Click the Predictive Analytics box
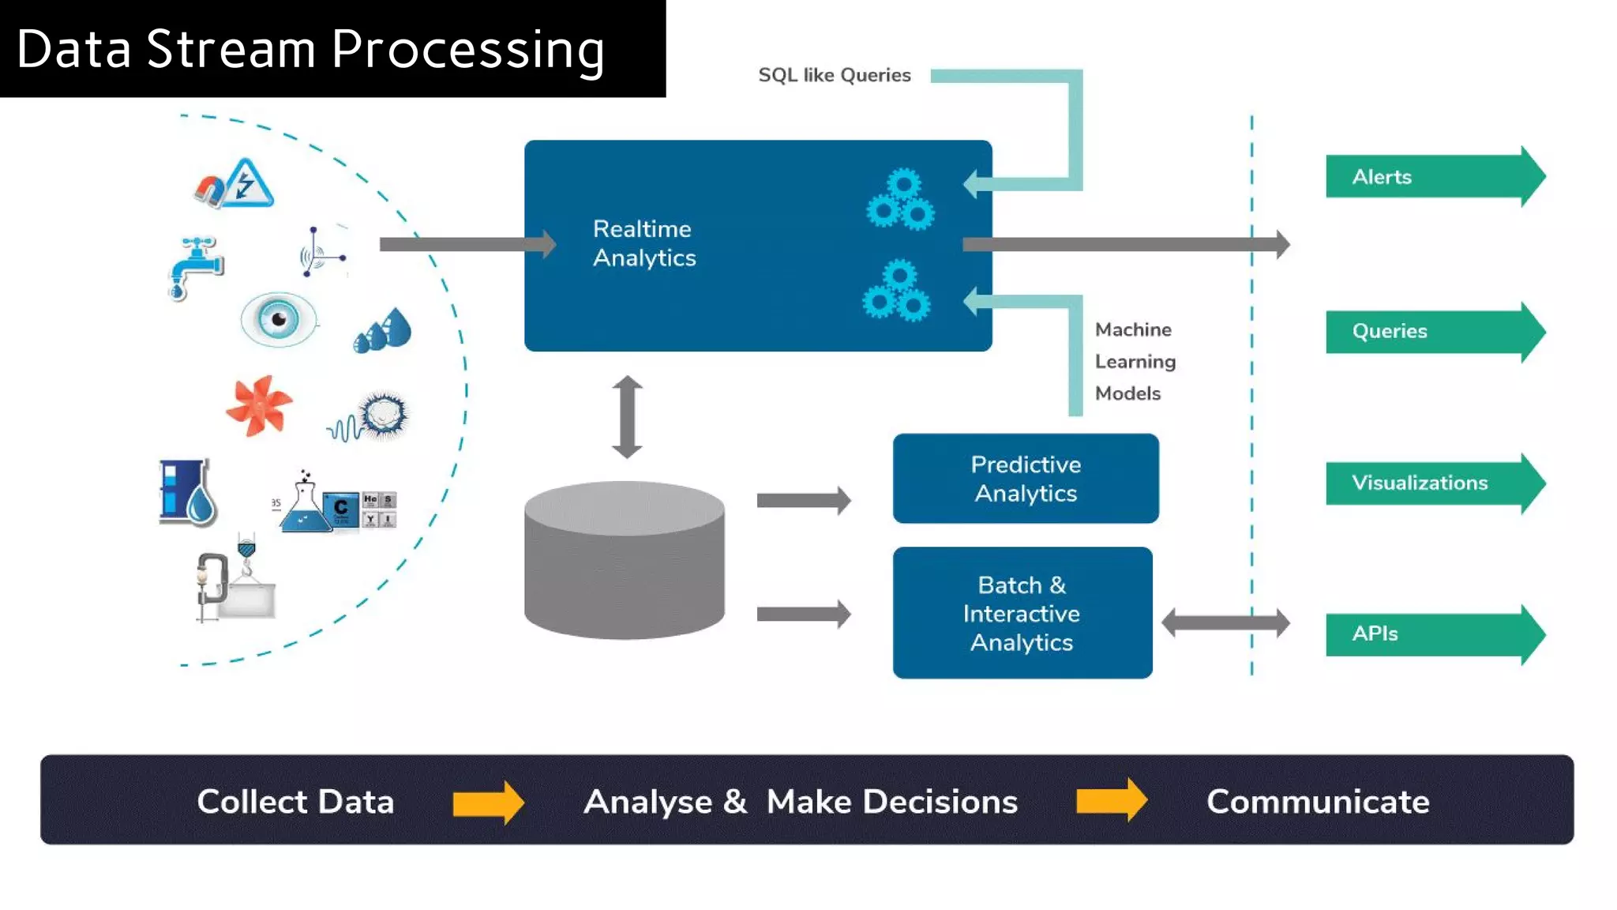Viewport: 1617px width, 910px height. [1025, 479]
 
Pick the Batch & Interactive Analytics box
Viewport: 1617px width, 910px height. [1022, 613]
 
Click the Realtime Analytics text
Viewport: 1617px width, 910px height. [644, 243]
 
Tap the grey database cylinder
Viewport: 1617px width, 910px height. [624, 561]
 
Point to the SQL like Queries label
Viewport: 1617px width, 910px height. [835, 75]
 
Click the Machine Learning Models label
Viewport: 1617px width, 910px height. [1134, 361]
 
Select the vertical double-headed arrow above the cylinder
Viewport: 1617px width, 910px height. [627, 417]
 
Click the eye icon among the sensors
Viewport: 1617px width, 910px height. [278, 319]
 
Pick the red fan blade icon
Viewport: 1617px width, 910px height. [258, 405]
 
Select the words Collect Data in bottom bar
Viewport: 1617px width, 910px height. [295, 801]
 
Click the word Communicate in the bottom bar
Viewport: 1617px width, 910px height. [1317, 801]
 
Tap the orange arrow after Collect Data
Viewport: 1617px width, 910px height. [488, 803]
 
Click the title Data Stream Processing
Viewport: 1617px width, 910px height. [310, 49]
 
